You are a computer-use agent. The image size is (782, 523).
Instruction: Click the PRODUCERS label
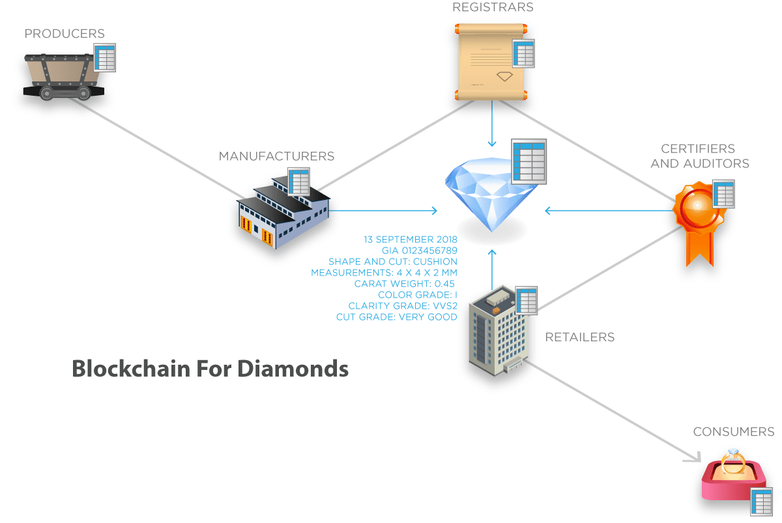(65, 33)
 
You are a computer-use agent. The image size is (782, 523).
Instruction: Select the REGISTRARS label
(493, 8)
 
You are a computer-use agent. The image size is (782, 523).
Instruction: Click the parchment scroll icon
(489, 62)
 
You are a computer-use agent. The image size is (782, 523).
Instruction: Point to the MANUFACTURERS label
(276, 156)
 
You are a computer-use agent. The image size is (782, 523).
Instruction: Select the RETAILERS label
(579, 337)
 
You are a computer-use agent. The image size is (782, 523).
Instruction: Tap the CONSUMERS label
(733, 432)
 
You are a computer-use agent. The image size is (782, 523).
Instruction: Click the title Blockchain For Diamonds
(210, 369)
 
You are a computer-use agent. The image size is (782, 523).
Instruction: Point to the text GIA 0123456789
(420, 250)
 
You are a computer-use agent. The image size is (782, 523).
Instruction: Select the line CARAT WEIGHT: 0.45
(405, 283)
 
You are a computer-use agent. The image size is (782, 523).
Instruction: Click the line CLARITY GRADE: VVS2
(403, 305)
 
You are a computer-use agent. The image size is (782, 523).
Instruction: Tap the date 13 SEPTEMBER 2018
(411, 239)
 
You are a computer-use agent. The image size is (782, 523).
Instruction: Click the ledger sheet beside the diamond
(529, 160)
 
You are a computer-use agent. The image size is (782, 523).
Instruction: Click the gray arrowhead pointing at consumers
(691, 458)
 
